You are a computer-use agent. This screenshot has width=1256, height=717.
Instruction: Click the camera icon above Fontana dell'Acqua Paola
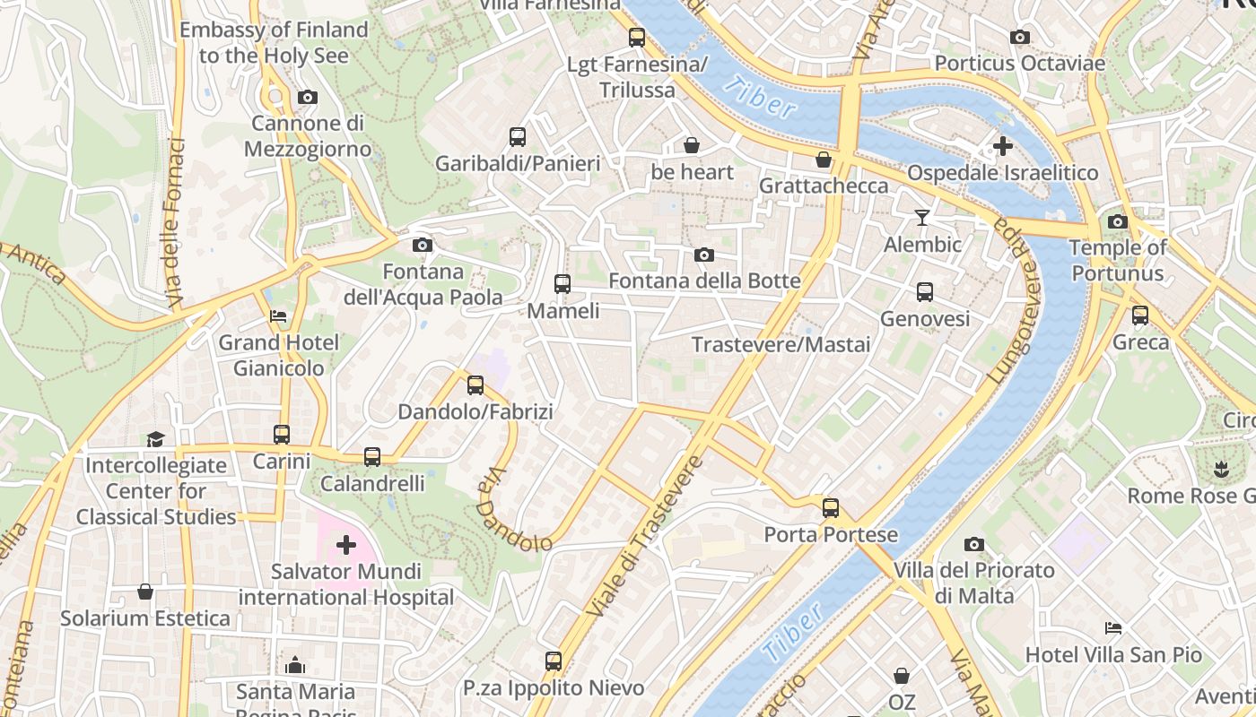(422, 245)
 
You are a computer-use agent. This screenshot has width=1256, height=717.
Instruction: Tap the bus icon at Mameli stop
(563, 284)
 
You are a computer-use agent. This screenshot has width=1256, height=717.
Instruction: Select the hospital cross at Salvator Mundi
(345, 544)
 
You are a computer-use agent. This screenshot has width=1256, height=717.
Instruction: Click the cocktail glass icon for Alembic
(921, 217)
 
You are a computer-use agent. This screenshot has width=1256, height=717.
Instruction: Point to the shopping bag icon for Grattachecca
(823, 160)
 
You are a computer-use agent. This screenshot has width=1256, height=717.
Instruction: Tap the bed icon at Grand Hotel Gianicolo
(278, 316)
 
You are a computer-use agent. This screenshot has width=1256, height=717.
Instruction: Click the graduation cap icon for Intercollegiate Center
(156, 439)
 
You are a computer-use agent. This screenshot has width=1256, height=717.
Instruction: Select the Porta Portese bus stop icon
(831, 508)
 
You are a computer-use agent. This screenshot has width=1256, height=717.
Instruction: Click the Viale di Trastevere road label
(644, 538)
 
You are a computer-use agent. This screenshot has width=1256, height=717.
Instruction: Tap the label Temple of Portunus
(1117, 260)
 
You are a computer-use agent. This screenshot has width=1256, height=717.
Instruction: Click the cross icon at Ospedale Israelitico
(1002, 145)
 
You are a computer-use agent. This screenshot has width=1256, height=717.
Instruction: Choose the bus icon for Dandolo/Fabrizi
(475, 385)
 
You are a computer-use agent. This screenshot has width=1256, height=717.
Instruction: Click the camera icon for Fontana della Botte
(704, 255)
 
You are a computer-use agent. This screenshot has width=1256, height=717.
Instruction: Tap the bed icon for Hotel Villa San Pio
(1113, 628)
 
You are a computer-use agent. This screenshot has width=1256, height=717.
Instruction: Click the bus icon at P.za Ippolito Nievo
(554, 661)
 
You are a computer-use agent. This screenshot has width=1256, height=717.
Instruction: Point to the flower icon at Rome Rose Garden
(1219, 468)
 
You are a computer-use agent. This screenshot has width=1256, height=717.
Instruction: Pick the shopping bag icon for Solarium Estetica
(145, 592)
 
